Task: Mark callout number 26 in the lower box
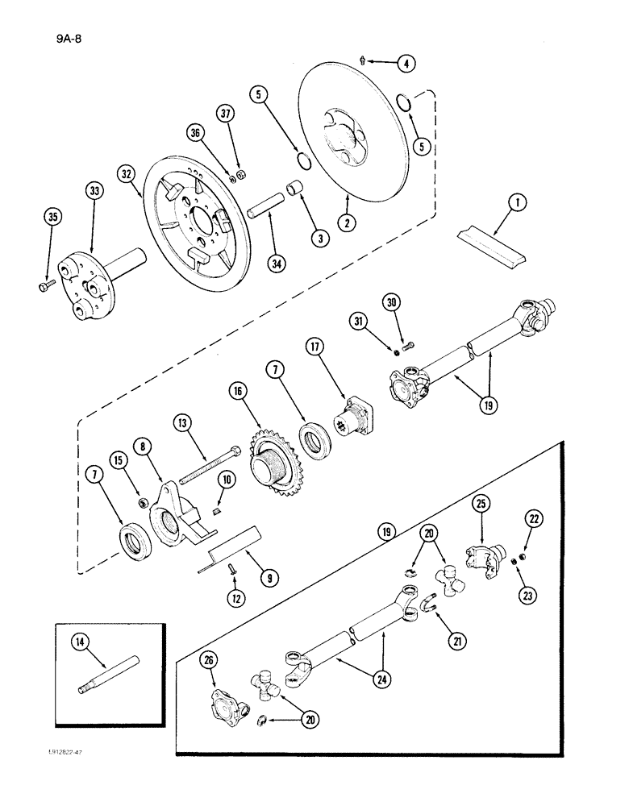pos(210,663)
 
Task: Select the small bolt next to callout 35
pos(44,285)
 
